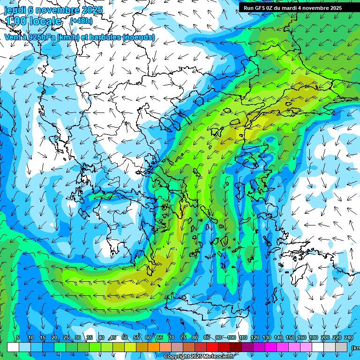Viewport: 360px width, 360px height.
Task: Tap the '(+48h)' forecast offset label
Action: tap(81, 21)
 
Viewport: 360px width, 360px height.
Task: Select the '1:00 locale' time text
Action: tap(33, 21)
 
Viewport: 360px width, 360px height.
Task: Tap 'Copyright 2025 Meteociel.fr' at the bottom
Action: tap(199, 357)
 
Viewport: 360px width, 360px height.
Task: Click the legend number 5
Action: tap(18, 338)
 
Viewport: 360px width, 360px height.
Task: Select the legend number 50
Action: tap(124, 338)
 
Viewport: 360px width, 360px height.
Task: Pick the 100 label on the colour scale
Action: tap(232, 338)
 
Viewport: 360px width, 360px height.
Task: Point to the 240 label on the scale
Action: tap(349, 338)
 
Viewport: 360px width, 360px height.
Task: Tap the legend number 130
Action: tap(267, 338)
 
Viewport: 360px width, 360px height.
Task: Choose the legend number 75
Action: tap(183, 338)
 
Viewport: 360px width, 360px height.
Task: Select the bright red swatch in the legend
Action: tap(212, 347)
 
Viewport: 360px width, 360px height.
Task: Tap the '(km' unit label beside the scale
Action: tap(356, 347)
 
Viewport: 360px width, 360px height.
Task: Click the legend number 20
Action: tap(54, 338)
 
